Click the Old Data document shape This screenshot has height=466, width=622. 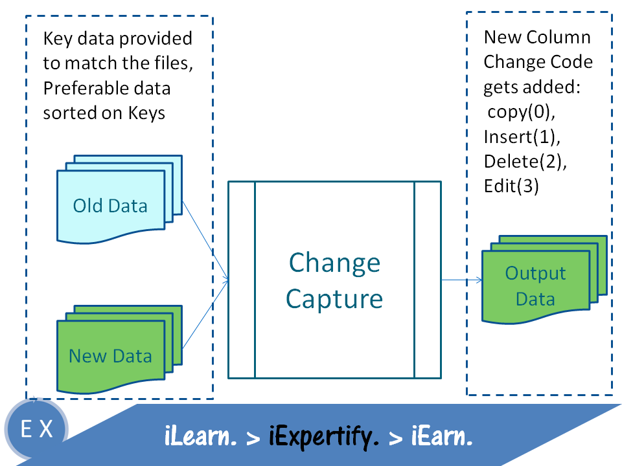110,206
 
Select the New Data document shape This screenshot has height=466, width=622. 110,355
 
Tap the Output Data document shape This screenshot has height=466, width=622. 536,286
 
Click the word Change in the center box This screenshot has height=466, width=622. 334,263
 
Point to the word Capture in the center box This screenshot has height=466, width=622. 334,298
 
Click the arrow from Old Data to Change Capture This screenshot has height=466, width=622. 205,239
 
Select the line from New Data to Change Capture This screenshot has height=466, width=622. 205,317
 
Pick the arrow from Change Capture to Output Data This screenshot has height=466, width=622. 461,280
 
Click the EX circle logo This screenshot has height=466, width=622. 37,429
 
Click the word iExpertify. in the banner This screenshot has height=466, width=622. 323,438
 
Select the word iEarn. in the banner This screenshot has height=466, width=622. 441,438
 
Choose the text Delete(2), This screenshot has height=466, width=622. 525,161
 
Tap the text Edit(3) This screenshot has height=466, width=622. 512,186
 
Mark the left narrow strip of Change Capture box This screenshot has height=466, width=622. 241,280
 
